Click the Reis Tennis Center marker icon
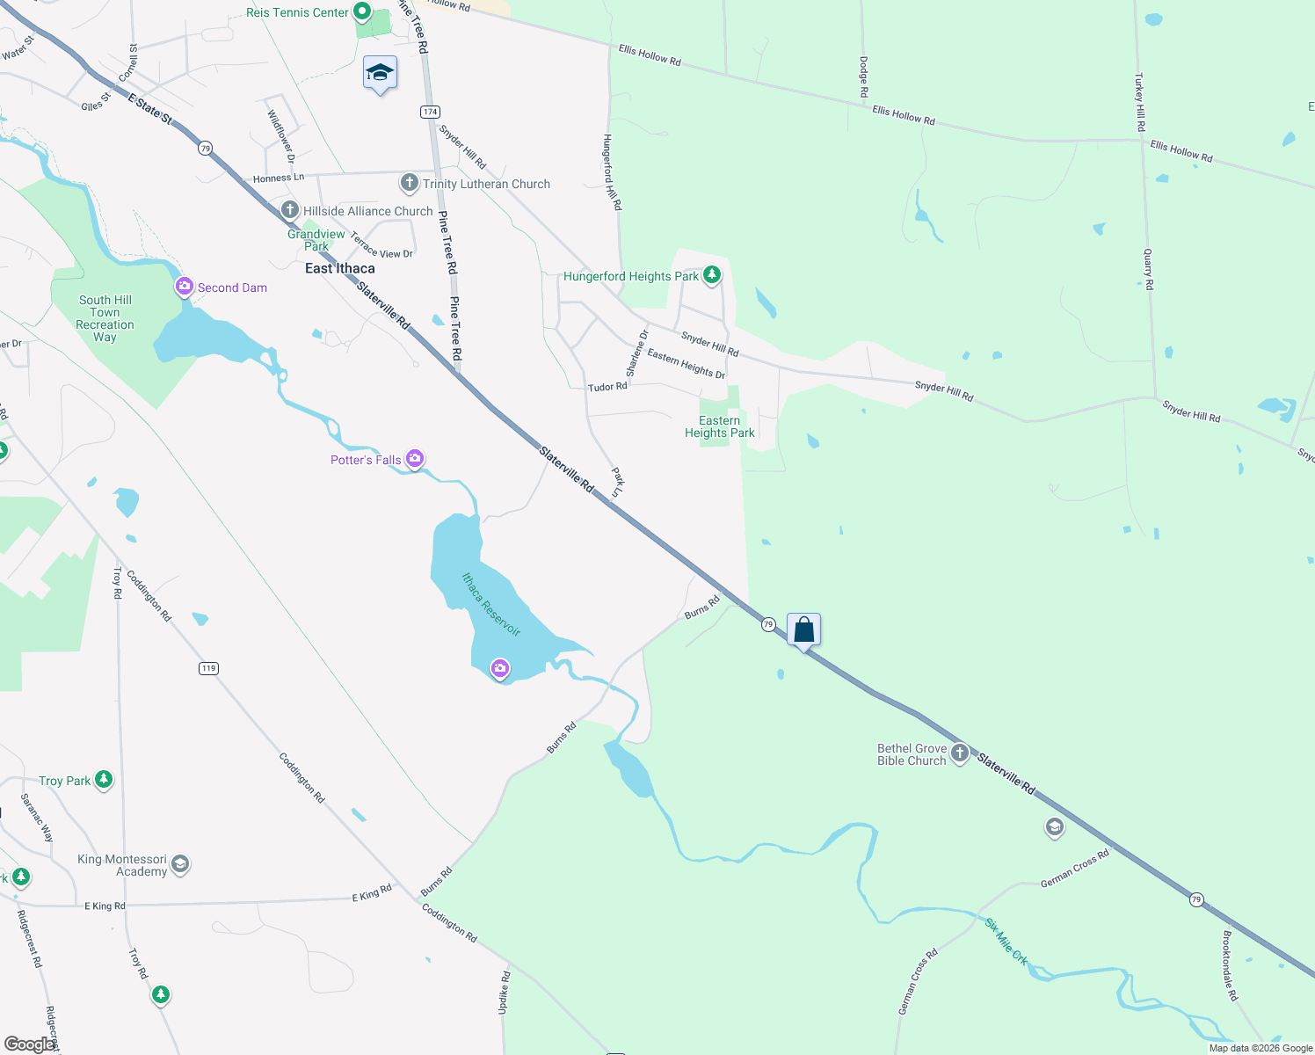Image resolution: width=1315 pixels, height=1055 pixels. [361, 12]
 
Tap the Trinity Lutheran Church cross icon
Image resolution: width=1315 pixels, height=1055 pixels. [409, 183]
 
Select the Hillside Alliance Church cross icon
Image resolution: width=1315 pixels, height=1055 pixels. [289, 210]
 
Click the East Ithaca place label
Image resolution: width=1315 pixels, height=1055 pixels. [339, 268]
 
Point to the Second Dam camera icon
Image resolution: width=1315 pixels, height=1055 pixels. [185, 287]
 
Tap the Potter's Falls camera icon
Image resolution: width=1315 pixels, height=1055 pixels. [415, 458]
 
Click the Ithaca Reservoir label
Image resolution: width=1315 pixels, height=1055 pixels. [491, 604]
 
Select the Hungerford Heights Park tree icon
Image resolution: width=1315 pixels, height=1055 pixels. [712, 275]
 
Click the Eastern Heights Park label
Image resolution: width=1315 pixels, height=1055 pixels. [719, 426]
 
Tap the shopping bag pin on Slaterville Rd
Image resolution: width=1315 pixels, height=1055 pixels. [803, 629]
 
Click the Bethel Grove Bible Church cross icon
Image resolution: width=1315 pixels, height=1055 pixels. [960, 753]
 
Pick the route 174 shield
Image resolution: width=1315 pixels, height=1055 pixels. [430, 112]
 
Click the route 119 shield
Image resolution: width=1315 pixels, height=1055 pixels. [208, 668]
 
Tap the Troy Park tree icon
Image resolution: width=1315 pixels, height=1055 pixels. [104, 779]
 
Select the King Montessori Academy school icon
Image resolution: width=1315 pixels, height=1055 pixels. [180, 863]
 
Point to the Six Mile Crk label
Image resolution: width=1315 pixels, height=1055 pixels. [1006, 942]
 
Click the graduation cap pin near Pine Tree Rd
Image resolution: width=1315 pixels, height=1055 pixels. [380, 73]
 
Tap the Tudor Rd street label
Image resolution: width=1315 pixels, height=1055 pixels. [607, 387]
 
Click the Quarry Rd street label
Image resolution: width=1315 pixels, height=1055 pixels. [1148, 269]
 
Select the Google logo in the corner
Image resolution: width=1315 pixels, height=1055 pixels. [28, 1044]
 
